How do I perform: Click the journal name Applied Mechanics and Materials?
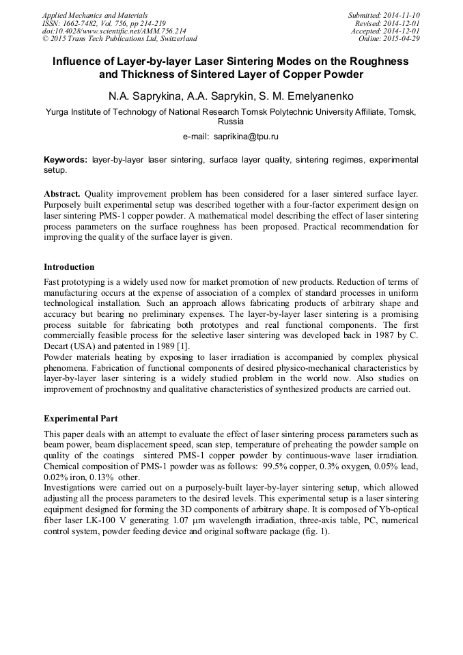point(95,15)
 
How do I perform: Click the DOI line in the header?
point(114,31)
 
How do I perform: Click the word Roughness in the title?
point(370,61)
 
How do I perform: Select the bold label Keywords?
point(66,159)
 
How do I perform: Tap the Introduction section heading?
point(69,267)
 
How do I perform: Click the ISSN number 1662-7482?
point(77,23)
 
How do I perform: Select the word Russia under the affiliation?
point(231,120)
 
